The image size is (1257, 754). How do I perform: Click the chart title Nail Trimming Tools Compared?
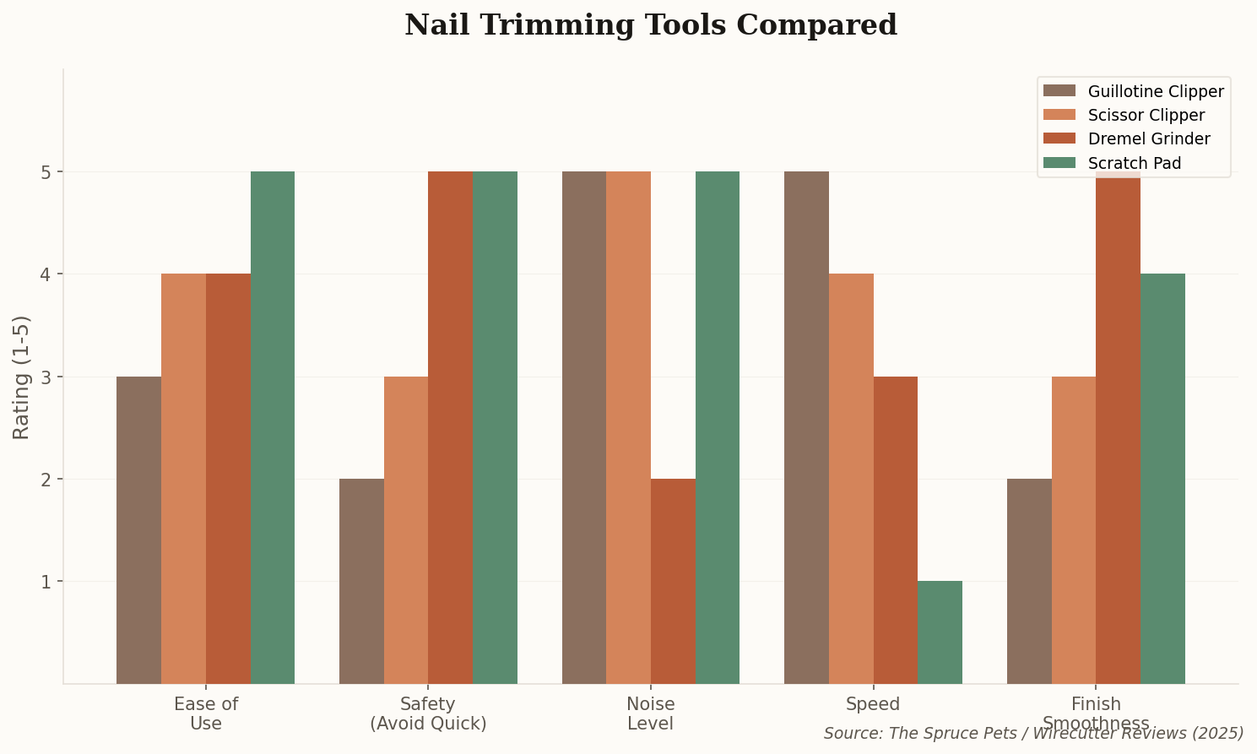pyautogui.click(x=650, y=25)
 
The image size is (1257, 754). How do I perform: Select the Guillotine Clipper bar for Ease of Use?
pyautogui.click(x=138, y=530)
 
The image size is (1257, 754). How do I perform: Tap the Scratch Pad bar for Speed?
pyautogui.click(x=940, y=632)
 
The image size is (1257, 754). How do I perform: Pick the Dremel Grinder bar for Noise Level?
pyautogui.click(x=673, y=581)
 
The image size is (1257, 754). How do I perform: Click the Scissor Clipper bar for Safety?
pyautogui.click(x=406, y=530)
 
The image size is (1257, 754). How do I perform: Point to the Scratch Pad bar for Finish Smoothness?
pyautogui.click(x=1162, y=479)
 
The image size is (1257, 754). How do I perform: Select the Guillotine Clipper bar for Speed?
pyautogui.click(x=806, y=427)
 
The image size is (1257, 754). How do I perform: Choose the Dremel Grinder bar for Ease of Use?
pyautogui.click(x=228, y=479)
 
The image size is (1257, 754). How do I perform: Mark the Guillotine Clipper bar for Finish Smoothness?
pyautogui.click(x=1029, y=581)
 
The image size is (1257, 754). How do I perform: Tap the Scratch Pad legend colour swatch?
pyautogui.click(x=1059, y=163)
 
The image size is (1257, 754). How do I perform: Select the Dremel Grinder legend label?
pyautogui.click(x=1149, y=139)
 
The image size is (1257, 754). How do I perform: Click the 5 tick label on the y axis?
pyautogui.click(x=47, y=172)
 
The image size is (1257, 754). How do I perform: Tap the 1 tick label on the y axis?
pyautogui.click(x=47, y=582)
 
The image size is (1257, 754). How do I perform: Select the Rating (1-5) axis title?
pyautogui.click(x=22, y=377)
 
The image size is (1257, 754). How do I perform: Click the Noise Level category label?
pyautogui.click(x=650, y=713)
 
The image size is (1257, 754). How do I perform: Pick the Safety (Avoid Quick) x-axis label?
pyautogui.click(x=428, y=713)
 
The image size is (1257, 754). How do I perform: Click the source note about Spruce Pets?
pyautogui.click(x=1033, y=733)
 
